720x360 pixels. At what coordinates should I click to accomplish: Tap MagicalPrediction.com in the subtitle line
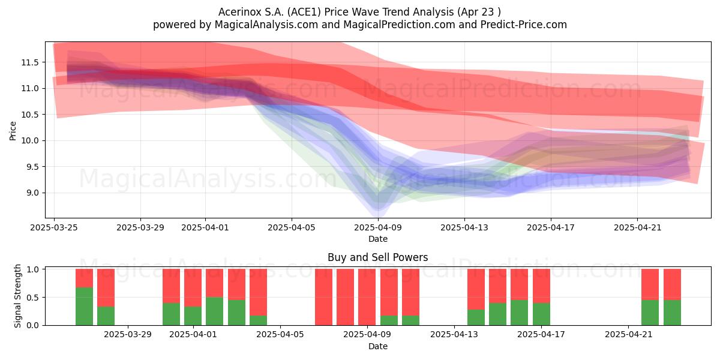399,25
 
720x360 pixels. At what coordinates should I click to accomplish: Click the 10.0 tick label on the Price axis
30,141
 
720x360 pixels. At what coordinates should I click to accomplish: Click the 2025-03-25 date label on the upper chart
54,227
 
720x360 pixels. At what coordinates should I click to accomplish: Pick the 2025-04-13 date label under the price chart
464,227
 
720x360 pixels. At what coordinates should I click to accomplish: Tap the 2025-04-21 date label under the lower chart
629,335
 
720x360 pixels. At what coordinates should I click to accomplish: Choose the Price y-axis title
13,131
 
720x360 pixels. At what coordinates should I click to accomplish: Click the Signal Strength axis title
17,296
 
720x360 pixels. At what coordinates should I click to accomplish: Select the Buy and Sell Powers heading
377,257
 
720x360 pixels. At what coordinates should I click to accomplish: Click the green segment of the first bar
84,307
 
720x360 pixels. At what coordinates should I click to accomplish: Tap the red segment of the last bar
672,284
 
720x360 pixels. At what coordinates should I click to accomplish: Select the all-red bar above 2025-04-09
367,297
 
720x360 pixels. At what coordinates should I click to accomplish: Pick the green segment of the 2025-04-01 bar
193,316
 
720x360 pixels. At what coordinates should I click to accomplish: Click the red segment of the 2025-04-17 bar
541,286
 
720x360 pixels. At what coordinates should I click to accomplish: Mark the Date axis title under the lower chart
377,347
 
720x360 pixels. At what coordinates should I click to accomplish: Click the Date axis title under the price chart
377,239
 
